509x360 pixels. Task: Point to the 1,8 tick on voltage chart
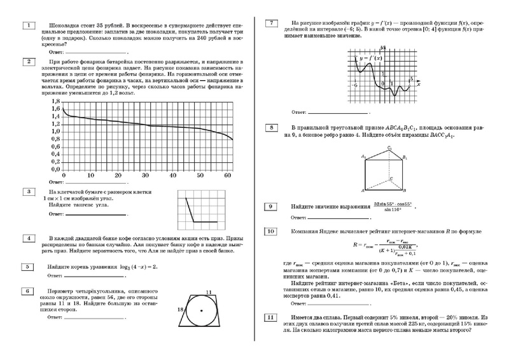coord(55,102)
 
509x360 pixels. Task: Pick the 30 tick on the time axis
coord(146,175)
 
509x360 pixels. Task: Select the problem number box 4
coord(29,239)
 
